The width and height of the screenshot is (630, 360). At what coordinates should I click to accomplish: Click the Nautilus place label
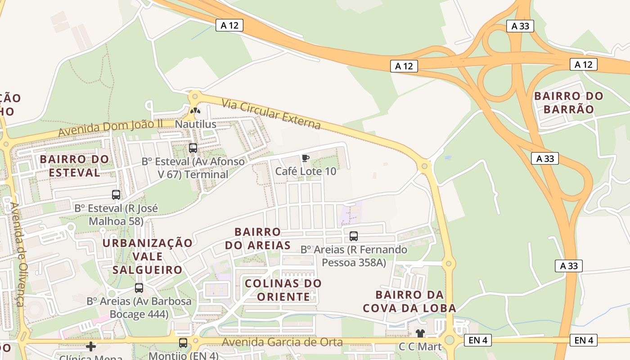[x=195, y=124]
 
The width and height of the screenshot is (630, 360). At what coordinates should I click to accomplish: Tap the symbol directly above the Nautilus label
[x=195, y=110]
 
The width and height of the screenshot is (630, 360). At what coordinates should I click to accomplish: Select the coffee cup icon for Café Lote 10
[x=306, y=157]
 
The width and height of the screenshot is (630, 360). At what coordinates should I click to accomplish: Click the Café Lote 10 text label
[x=306, y=171]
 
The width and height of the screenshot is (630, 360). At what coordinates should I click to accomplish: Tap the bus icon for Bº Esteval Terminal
[x=193, y=148]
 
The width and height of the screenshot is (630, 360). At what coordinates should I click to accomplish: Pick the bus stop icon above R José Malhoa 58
[x=116, y=195]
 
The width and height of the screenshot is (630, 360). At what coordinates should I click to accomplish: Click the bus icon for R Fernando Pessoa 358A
[x=354, y=236]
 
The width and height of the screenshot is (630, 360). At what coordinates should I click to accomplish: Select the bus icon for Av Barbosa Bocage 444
[x=139, y=288]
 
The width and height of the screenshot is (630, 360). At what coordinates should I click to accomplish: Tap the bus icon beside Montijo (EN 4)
[x=183, y=343]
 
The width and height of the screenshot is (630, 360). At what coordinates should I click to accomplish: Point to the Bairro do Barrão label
[x=569, y=103]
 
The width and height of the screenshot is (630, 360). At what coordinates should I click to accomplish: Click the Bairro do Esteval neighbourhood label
[x=74, y=166]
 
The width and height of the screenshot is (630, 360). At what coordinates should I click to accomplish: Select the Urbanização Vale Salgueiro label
[x=147, y=256]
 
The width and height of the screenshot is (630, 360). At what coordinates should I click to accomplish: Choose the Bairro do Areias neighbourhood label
[x=258, y=238]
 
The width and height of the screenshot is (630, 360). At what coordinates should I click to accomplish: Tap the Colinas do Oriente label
[x=283, y=290]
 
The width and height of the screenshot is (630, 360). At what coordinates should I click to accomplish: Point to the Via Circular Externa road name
[x=271, y=114]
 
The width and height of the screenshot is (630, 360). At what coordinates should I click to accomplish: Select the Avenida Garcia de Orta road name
[x=282, y=342]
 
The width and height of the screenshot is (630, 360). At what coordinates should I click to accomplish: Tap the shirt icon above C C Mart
[x=420, y=333]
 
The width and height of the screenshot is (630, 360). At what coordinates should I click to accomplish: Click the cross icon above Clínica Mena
[x=91, y=346]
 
